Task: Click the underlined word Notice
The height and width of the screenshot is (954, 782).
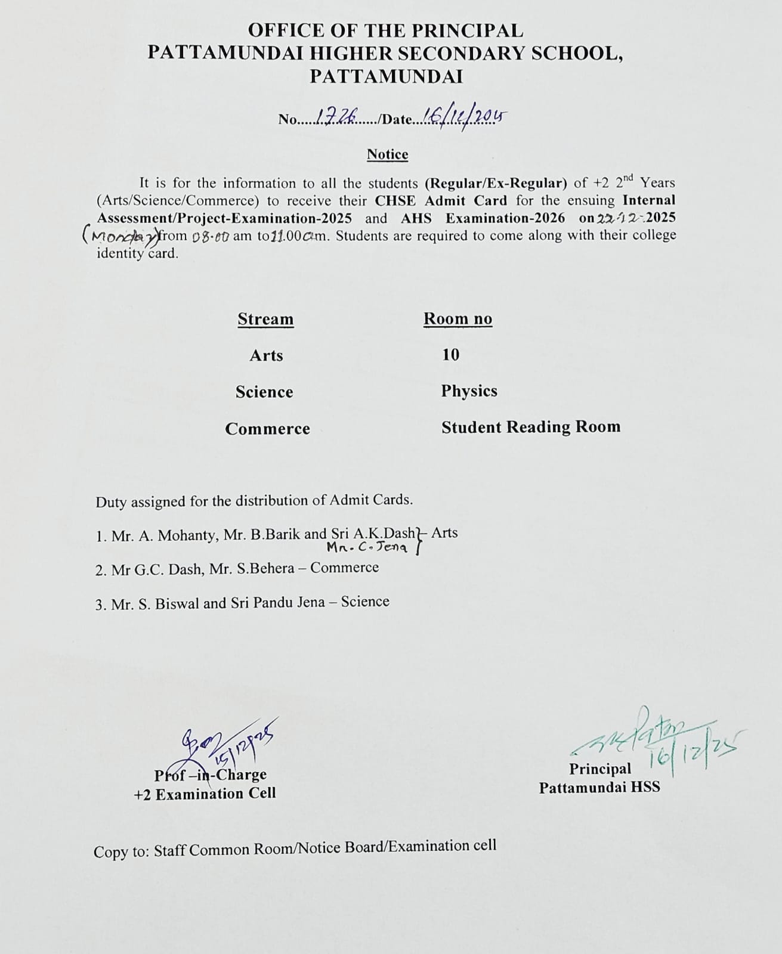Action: coord(387,154)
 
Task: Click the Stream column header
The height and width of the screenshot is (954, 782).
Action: coord(265,319)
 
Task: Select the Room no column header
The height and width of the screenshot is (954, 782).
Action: coord(458,319)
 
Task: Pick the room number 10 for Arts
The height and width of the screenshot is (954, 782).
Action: coord(450,355)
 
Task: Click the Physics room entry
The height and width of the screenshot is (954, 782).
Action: coord(469,391)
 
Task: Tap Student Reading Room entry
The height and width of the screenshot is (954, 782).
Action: coord(530,427)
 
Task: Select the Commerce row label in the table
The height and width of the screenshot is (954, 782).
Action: coord(267,429)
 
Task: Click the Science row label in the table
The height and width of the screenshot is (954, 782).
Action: coord(264,392)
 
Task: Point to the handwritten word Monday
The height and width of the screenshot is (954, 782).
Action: coord(121,236)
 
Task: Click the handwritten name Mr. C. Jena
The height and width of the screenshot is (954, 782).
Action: coord(367,547)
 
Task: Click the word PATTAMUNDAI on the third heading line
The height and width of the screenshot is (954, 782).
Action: coord(386,76)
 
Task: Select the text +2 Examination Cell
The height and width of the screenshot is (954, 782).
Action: coord(205,794)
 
